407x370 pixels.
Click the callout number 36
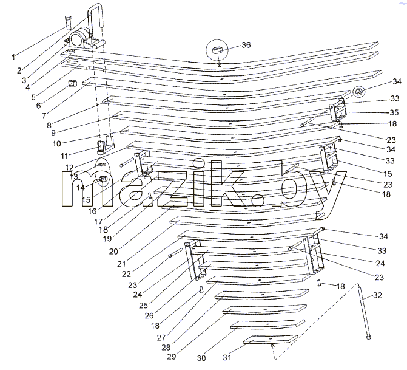[x=246, y=45]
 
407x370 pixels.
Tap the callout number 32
[x=378, y=295]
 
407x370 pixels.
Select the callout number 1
[x=13, y=57]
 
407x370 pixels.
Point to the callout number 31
[x=227, y=357]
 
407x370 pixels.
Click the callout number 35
[x=394, y=112]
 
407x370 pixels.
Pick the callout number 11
[x=64, y=156]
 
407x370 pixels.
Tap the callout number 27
[x=161, y=338]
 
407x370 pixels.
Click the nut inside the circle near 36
[x=217, y=50]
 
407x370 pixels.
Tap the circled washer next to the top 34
[x=359, y=92]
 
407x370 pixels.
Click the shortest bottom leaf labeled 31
[x=271, y=339]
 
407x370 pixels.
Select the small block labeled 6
[x=72, y=83]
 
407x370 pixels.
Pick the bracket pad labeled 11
[x=106, y=145]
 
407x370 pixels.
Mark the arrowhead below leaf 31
[x=272, y=346]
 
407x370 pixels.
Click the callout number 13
[x=73, y=176]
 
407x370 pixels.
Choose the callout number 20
[x=113, y=251]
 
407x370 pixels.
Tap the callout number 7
[x=44, y=115]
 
